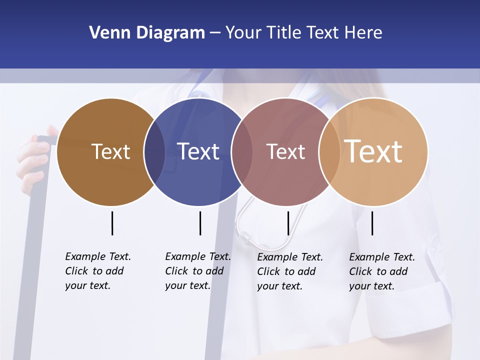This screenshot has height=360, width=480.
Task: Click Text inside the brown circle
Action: pyautogui.click(x=110, y=151)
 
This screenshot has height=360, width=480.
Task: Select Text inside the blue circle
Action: pyautogui.click(x=198, y=151)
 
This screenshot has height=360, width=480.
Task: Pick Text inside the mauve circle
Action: pyautogui.click(x=285, y=151)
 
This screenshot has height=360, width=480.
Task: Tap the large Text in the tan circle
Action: pyautogui.click(x=373, y=151)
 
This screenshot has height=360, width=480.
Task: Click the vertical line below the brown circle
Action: pyautogui.click(x=112, y=223)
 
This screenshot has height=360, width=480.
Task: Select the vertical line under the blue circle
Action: pyautogui.click(x=200, y=223)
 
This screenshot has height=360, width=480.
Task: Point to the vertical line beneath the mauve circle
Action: pyautogui.click(x=288, y=223)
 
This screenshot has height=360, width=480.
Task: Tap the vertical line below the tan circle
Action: pyautogui.click(x=372, y=223)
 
